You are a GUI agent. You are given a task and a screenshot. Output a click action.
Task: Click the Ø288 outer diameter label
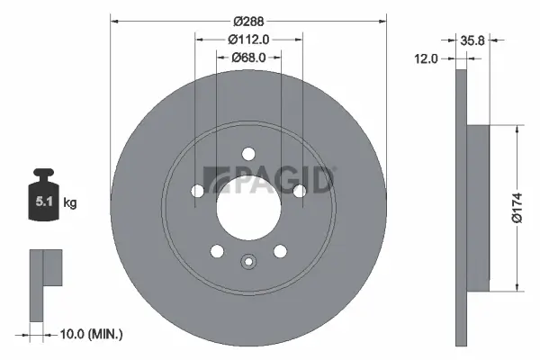[247, 20]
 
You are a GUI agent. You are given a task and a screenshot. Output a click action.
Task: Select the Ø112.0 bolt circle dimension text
[248, 39]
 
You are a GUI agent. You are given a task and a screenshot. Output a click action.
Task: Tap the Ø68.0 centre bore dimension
[248, 58]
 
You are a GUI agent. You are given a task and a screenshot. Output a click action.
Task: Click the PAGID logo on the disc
[270, 180]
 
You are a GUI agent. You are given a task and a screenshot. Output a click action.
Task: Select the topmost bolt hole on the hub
[247, 153]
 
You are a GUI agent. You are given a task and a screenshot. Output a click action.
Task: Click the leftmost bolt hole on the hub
[197, 191]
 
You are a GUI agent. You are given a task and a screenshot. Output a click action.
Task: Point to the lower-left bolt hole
[216, 250]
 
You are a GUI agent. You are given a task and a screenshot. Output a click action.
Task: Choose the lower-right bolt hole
[279, 250]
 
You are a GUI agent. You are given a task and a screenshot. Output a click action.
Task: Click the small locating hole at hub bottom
[247, 262]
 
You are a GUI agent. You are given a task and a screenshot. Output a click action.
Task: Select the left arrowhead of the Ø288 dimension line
[115, 20]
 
